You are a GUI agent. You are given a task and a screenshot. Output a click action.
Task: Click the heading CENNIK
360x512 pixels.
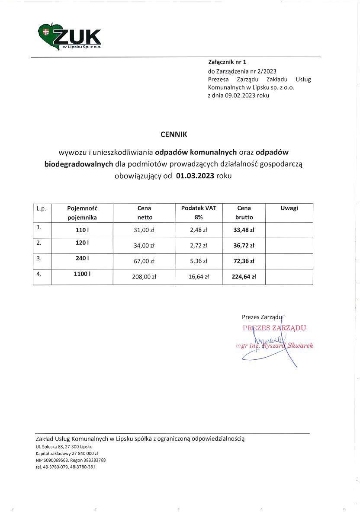pos(174,134)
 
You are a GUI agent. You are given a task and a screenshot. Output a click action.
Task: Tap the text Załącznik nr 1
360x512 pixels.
pos(227,62)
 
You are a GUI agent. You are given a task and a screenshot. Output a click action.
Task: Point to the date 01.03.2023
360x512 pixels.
pos(195,176)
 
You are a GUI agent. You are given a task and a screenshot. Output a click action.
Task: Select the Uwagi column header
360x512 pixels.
pos(289,208)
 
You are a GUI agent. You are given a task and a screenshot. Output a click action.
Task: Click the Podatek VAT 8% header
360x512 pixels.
pos(199,212)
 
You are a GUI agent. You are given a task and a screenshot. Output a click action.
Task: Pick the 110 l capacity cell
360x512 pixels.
pos(82,230)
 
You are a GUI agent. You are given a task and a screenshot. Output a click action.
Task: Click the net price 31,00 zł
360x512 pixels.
pos(144,230)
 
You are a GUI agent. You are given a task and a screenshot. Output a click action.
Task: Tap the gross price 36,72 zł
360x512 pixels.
pos(244,246)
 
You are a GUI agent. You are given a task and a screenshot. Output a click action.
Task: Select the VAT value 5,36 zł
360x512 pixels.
pos(199,261)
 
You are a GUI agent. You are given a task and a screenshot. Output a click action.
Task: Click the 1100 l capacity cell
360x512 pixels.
pos(82,274)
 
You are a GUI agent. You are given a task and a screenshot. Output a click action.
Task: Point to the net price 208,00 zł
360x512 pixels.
pos(144,277)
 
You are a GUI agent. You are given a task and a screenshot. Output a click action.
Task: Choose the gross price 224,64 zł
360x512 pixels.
pos(244,277)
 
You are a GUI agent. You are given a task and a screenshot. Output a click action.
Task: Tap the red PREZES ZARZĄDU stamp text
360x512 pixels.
pos(274,328)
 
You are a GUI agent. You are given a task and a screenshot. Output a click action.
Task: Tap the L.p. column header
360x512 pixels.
pos(42,208)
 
